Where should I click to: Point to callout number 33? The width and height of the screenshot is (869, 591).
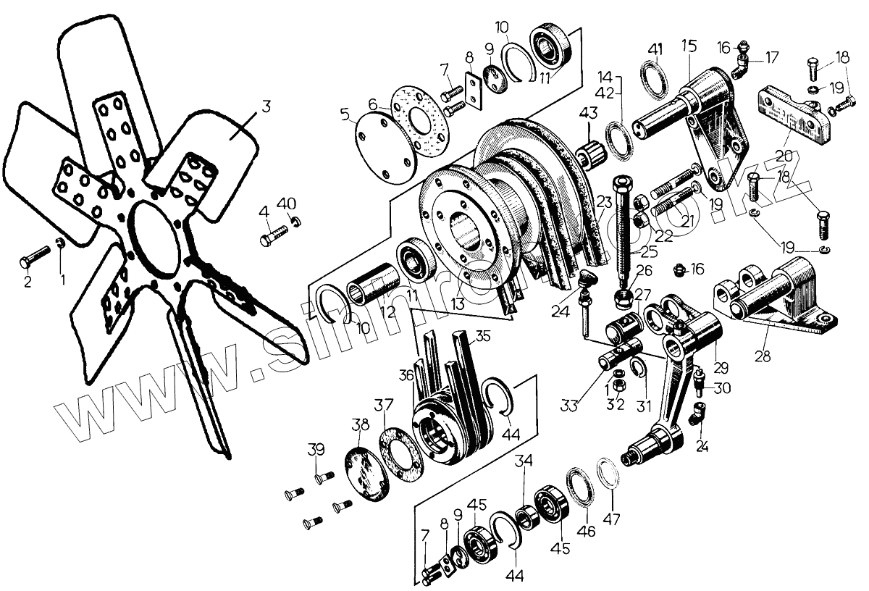point(571,406)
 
